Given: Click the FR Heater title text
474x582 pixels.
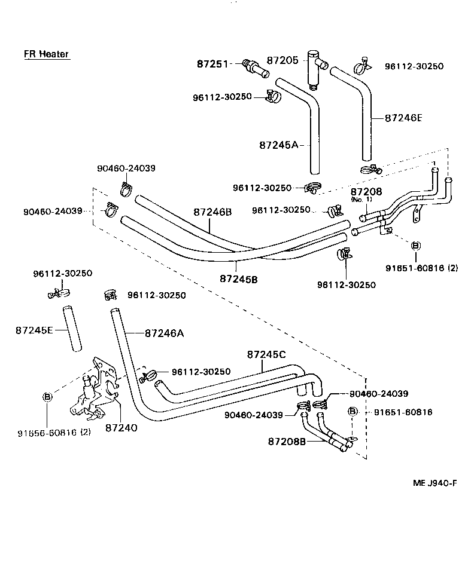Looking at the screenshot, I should [46, 54].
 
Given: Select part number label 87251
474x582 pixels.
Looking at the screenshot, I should [212, 63].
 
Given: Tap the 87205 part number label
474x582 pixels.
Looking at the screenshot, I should [282, 60].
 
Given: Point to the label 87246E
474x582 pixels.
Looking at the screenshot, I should [403, 118].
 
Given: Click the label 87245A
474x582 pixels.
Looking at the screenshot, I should [279, 145].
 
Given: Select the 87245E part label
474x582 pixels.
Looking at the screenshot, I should [35, 329].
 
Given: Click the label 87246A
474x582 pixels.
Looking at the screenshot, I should [163, 333].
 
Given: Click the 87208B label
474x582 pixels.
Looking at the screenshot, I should [287, 442].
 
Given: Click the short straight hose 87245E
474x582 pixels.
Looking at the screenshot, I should [72, 330].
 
